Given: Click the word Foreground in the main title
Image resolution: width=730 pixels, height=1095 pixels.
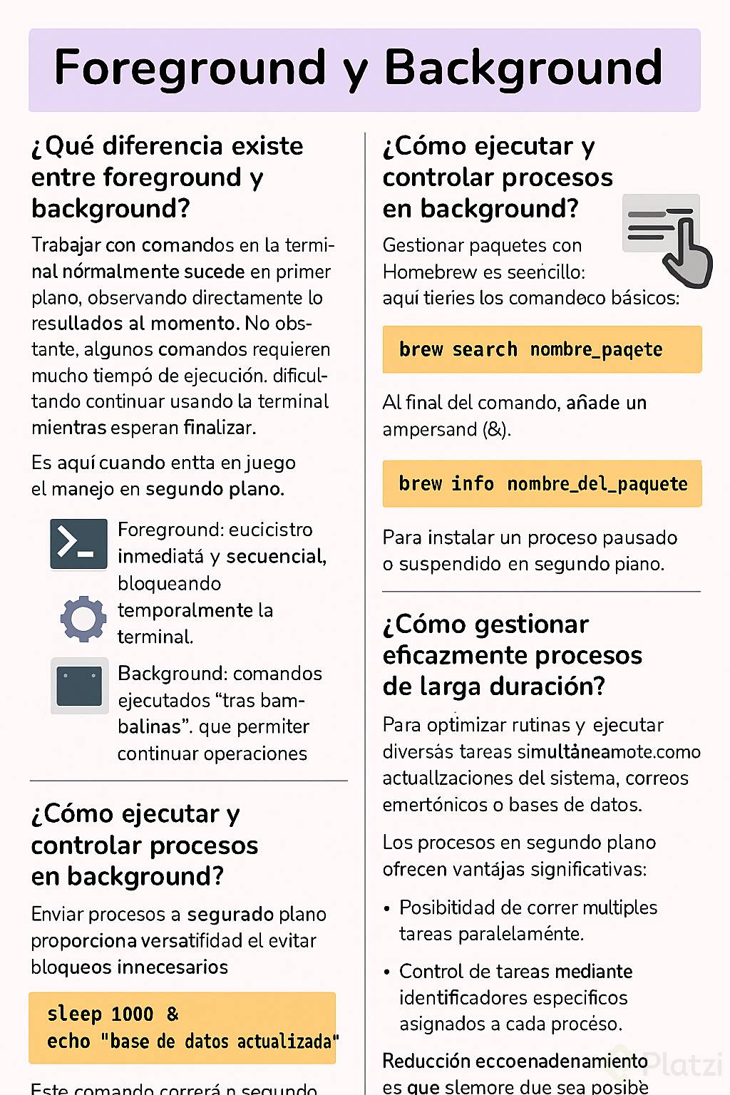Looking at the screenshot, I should (190, 68).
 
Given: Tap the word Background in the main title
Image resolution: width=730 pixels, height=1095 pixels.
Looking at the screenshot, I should (523, 68).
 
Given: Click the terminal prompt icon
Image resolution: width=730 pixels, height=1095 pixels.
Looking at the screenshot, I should (78, 544).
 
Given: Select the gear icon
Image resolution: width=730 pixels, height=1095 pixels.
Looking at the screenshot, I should (83, 618).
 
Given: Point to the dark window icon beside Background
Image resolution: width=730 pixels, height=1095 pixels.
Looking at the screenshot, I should (79, 686).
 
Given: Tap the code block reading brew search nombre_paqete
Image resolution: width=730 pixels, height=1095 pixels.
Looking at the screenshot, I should (542, 349).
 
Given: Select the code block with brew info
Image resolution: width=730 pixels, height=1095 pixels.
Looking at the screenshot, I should (542, 484).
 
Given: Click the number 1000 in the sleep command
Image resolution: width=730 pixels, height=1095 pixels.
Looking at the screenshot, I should (132, 1014).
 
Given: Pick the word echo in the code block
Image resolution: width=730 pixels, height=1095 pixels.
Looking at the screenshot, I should (68, 1042).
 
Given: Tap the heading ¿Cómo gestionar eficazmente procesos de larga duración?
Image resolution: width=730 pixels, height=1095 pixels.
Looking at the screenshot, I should (512, 655).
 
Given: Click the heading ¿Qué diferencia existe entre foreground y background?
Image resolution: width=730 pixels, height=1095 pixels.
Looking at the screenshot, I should (167, 177).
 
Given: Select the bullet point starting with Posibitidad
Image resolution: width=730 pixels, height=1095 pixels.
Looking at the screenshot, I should (528, 920).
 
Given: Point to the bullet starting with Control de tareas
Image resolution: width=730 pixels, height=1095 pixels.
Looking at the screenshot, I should (515, 997).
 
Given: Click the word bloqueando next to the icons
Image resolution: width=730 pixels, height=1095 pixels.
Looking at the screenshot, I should (169, 583).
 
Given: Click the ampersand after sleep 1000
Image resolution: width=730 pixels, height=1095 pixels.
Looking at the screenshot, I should (173, 1014).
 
